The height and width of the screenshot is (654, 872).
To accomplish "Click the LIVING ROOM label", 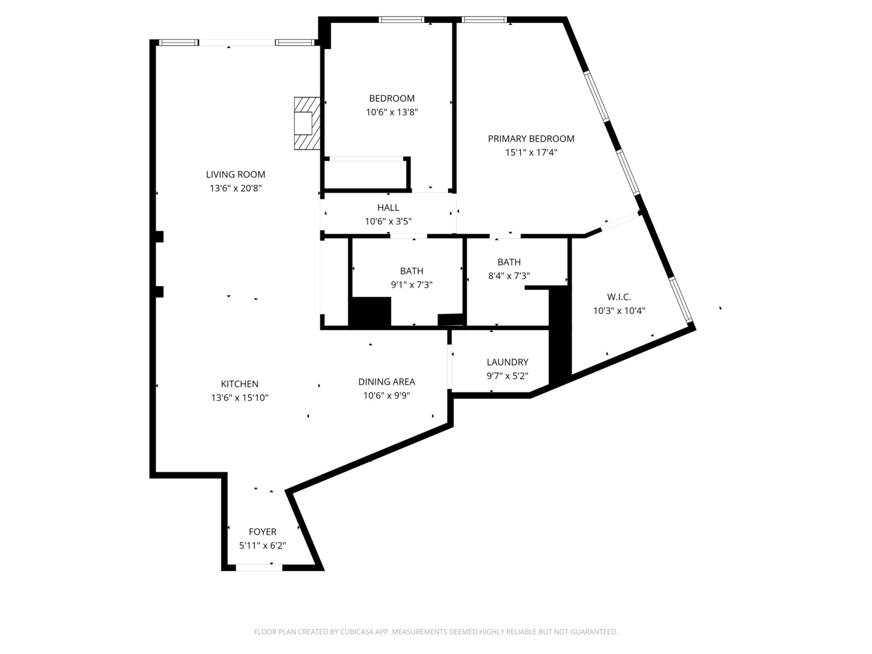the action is (x=235, y=174).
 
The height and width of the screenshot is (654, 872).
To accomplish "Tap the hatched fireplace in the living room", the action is (x=306, y=124).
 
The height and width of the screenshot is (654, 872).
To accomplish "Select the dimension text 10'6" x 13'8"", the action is (x=392, y=112).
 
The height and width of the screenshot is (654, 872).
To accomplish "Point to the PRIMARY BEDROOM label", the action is (x=530, y=139).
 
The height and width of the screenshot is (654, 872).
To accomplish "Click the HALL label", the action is (x=388, y=207).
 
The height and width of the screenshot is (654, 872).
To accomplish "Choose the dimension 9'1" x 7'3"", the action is (x=411, y=285).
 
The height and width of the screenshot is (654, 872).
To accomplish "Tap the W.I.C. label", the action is (x=618, y=297).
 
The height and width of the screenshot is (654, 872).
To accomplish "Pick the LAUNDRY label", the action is (x=507, y=362).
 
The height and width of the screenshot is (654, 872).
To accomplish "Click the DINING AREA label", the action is (x=386, y=381).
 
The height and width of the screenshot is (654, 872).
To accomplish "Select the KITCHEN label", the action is (x=240, y=384).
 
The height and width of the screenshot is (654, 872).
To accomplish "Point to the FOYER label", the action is (x=262, y=532).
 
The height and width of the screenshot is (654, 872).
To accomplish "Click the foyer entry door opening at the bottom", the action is (x=259, y=568).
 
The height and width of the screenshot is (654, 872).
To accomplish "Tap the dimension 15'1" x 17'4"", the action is (x=531, y=153).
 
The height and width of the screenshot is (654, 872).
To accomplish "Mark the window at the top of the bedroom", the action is (x=401, y=19).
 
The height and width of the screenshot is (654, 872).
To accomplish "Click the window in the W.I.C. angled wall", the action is (x=681, y=300).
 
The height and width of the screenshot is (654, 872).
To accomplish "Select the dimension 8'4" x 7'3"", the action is (x=509, y=276).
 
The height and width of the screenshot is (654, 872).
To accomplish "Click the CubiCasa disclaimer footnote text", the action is (x=435, y=632).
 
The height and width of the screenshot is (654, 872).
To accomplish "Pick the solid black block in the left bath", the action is (x=370, y=312).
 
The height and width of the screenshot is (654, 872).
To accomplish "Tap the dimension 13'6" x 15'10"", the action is (x=240, y=397).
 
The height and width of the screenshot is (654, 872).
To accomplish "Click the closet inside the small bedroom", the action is (x=366, y=174).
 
